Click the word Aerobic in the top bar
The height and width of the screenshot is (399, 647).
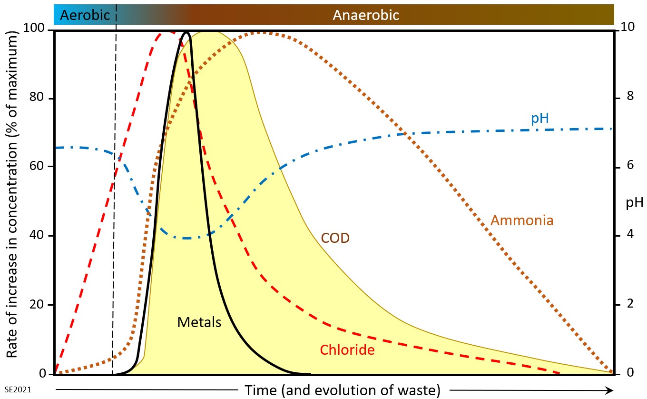tap(83, 15)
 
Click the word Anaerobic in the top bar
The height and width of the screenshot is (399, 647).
tap(365, 15)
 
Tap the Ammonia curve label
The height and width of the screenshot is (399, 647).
tap(522, 221)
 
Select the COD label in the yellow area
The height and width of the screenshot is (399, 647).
tap(335, 238)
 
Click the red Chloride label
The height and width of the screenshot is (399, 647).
tap(347, 350)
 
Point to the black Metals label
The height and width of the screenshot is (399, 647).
tap(199, 322)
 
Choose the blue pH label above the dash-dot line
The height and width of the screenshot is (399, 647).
tap(540, 118)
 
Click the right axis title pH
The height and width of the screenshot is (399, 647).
tap(634, 203)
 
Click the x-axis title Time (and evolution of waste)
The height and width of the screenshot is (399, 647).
tap(342, 390)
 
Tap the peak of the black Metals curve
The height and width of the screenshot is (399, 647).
tap(186, 33)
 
